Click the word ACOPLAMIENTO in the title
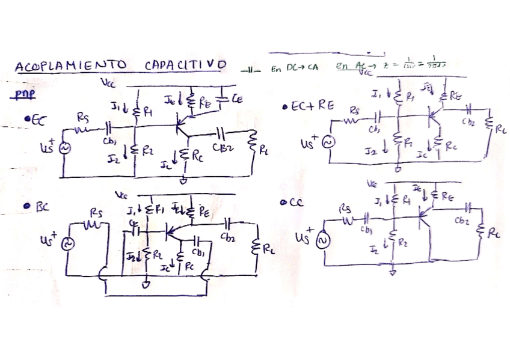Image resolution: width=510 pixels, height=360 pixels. (x=70, y=66)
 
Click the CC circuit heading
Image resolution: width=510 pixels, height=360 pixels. (x=294, y=203)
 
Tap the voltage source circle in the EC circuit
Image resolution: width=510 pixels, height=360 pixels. (x=63, y=147)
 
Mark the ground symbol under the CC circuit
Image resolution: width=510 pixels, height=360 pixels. (x=392, y=272)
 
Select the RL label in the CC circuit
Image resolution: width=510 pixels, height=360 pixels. (x=493, y=234)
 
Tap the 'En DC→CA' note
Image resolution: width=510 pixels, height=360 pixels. (x=294, y=69)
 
